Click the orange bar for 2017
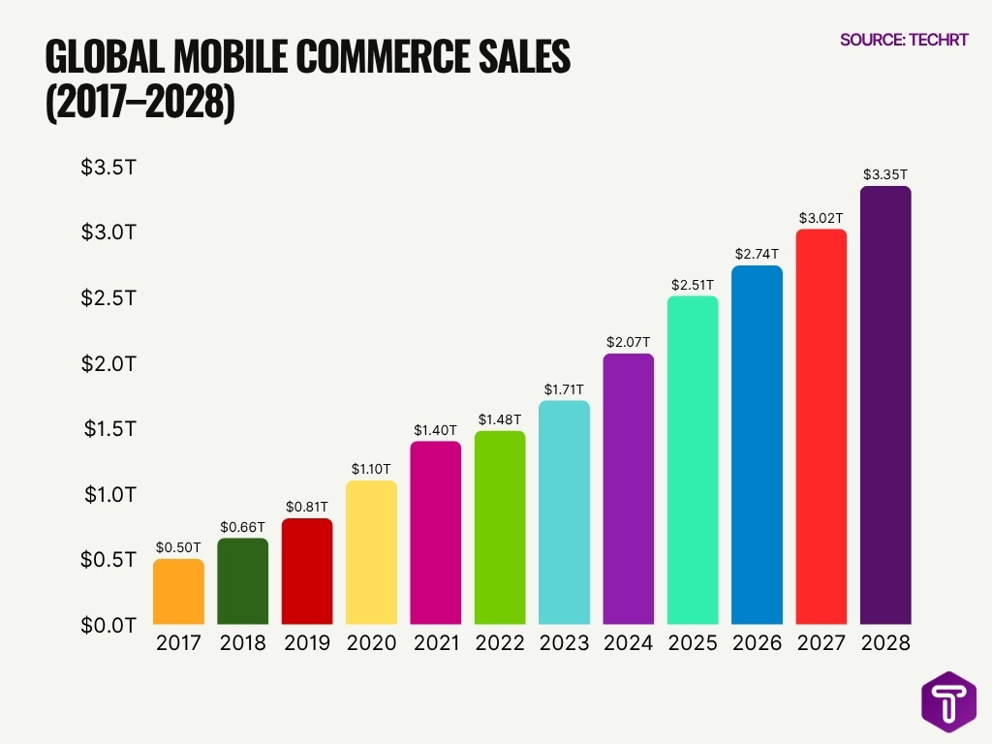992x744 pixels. point(178,591)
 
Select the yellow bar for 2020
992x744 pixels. point(371,552)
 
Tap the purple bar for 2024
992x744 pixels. point(628,489)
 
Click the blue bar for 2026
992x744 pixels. point(757,445)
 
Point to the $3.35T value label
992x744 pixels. point(885,175)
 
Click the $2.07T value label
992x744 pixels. point(628,342)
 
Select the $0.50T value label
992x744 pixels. point(178,547)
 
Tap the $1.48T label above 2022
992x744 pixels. point(500,419)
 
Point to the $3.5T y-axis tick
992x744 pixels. point(108,168)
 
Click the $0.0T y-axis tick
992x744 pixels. point(108,625)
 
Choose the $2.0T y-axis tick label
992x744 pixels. point(108,363)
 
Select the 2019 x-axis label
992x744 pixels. point(306,643)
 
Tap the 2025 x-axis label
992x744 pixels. point(693,643)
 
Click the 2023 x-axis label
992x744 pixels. point(564,643)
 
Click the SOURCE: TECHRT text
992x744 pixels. point(904,40)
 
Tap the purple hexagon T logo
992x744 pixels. point(947,701)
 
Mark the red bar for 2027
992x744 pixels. point(821,426)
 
